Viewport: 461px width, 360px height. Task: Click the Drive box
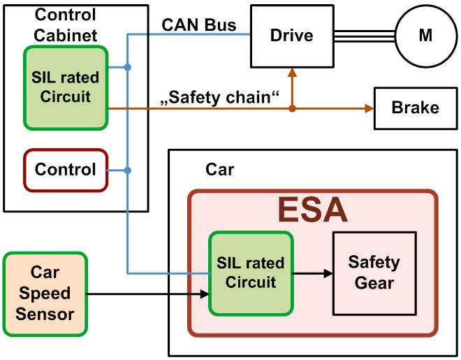pyautogui.click(x=293, y=35)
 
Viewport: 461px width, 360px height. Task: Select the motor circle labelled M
pyautogui.click(x=425, y=36)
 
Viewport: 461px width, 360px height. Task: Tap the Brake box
pyautogui.click(x=415, y=108)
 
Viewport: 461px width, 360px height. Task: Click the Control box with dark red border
pyautogui.click(x=66, y=170)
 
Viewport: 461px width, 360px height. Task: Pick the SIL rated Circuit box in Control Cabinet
pyautogui.click(x=66, y=87)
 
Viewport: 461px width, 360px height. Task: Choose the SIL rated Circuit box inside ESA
pyautogui.click(x=251, y=273)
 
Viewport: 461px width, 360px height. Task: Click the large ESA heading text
pyautogui.click(x=312, y=209)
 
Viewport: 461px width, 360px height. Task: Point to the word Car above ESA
pyautogui.click(x=221, y=170)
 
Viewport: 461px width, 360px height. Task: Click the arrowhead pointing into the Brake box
pyautogui.click(x=369, y=108)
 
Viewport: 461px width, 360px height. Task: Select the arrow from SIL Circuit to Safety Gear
pyautogui.click(x=312, y=273)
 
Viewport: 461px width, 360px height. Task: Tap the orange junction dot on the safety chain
pyautogui.click(x=292, y=108)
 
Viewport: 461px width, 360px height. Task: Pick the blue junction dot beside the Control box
pyautogui.click(x=126, y=170)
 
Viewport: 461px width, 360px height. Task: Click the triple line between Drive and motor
pyautogui.click(x=365, y=35)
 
